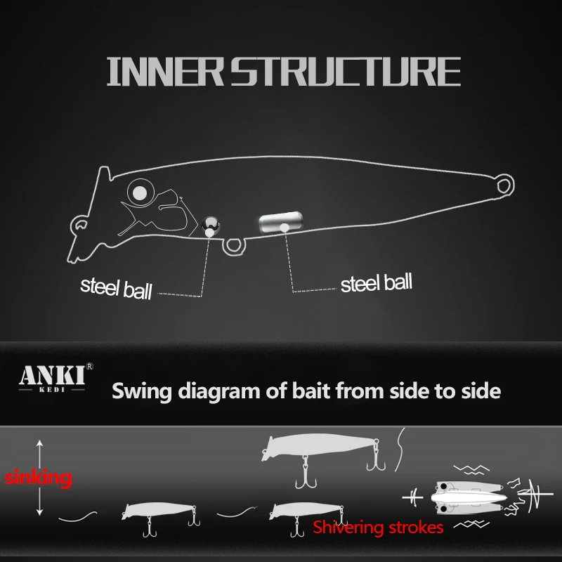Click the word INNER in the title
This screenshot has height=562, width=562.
[x=165, y=72]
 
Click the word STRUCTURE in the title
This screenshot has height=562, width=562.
[x=346, y=72]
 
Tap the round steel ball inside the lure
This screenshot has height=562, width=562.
[x=210, y=226]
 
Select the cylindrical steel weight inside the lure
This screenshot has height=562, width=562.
[x=280, y=222]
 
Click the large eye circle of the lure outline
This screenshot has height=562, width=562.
[x=140, y=192]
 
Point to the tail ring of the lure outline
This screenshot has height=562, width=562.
[x=504, y=185]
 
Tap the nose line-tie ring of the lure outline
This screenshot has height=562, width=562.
[x=79, y=225]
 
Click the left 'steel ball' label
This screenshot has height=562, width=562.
[x=116, y=288]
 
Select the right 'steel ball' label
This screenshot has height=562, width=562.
[x=377, y=283]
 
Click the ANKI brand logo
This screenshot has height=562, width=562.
[x=53, y=379]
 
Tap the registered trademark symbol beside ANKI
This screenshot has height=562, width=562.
[x=90, y=366]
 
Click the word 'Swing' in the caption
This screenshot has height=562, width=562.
[x=142, y=391]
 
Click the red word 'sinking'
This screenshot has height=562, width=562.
[x=39, y=478]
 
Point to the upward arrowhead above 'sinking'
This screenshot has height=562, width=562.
[x=40, y=443]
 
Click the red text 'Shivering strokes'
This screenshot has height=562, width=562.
[x=378, y=528]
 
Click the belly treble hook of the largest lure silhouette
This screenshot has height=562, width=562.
[x=306, y=472]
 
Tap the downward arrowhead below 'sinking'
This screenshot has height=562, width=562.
[x=40, y=512]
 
